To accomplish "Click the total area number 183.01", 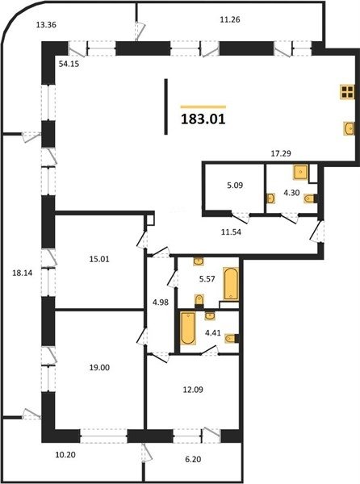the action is (x=203, y=119).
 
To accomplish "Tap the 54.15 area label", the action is (x=69, y=65).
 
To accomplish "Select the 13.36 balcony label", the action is (x=46, y=25).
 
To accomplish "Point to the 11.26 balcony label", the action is (x=230, y=19).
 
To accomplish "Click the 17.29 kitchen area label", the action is (x=281, y=153).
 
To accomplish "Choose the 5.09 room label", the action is (x=235, y=186).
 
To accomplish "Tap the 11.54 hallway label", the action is (x=231, y=232).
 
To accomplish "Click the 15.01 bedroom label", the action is (x=99, y=259).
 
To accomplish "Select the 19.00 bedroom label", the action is (x=99, y=367).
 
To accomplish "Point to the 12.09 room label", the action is (x=193, y=390).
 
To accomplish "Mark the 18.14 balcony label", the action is (x=23, y=273).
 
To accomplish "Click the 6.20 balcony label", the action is (x=193, y=459).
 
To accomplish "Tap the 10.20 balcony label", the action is (x=65, y=454).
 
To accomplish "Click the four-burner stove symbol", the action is (x=347, y=92).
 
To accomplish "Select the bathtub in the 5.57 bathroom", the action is (x=231, y=284).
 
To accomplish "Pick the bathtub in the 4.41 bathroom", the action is (x=188, y=328).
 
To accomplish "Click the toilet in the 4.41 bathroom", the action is (x=232, y=339).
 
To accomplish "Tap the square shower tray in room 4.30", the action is (x=301, y=173).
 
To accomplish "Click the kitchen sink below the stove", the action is (x=350, y=128).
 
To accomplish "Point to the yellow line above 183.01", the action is (x=203, y=106).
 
